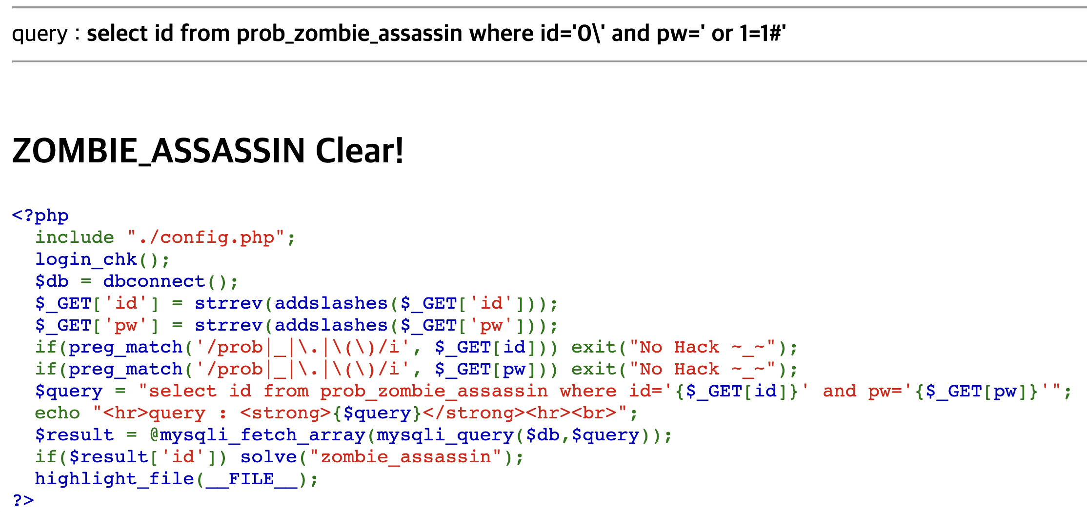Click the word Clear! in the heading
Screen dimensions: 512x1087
point(360,151)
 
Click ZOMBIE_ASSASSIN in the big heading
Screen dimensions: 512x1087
point(159,151)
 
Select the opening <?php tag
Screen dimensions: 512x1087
point(40,215)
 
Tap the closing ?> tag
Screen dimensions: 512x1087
point(23,500)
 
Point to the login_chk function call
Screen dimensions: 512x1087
point(86,259)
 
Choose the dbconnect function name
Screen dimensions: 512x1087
point(154,281)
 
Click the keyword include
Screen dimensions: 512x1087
point(74,237)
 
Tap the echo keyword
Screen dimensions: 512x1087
point(57,413)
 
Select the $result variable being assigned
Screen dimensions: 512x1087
point(74,435)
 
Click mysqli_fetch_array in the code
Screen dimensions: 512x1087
point(262,435)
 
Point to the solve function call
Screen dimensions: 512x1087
point(268,457)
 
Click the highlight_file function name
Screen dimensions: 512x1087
point(114,479)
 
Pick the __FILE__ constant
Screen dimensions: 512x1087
point(251,479)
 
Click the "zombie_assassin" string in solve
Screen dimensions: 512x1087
point(406,457)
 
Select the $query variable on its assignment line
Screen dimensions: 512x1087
point(68,391)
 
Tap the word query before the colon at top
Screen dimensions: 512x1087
point(40,34)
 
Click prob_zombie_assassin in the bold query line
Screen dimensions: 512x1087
point(349,34)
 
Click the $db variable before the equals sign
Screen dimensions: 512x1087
point(52,281)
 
